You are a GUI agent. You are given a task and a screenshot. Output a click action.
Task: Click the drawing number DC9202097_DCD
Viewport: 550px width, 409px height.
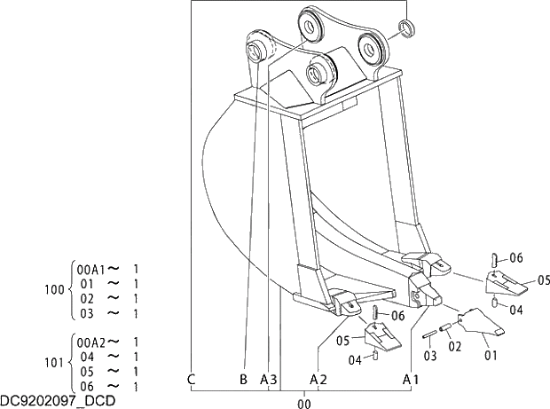pyautogui.click(x=58, y=402)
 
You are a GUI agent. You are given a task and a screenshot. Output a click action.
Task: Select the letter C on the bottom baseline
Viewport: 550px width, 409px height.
pyautogui.click(x=192, y=380)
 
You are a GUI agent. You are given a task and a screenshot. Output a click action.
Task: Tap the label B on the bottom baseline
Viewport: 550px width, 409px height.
pyautogui.click(x=243, y=380)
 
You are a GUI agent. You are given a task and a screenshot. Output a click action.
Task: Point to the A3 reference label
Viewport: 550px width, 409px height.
pyautogui.click(x=269, y=380)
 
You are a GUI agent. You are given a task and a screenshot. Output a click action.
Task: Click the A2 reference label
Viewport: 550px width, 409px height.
pyautogui.click(x=318, y=380)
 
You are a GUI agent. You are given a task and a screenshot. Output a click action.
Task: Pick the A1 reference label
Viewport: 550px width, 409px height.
pyautogui.click(x=411, y=380)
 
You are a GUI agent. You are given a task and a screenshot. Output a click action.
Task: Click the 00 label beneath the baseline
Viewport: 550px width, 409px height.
pyautogui.click(x=304, y=403)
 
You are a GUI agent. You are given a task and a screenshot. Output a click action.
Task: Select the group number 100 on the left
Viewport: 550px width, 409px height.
pyautogui.click(x=54, y=290)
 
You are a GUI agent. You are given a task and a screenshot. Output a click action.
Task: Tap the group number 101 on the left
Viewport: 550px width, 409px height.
pyautogui.click(x=54, y=364)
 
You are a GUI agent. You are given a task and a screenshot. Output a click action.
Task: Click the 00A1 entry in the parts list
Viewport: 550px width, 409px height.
pyautogui.click(x=91, y=268)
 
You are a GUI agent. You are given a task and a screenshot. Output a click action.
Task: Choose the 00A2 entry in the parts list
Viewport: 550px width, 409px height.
pyautogui.click(x=91, y=342)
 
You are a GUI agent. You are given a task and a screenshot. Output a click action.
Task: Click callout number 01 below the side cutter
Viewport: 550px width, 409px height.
pyautogui.click(x=490, y=355)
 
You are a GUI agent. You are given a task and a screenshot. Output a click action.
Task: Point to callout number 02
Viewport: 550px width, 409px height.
pyautogui.click(x=454, y=346)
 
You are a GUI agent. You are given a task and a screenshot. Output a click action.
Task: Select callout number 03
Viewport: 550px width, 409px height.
pyautogui.click(x=429, y=356)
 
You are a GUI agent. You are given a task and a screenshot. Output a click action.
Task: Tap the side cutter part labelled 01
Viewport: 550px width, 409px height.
pyautogui.click(x=479, y=324)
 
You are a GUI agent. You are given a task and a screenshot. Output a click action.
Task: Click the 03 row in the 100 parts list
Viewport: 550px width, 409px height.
pyautogui.click(x=87, y=313)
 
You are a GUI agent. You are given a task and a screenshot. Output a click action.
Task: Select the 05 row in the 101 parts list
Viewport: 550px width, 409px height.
pyautogui.click(x=87, y=372)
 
